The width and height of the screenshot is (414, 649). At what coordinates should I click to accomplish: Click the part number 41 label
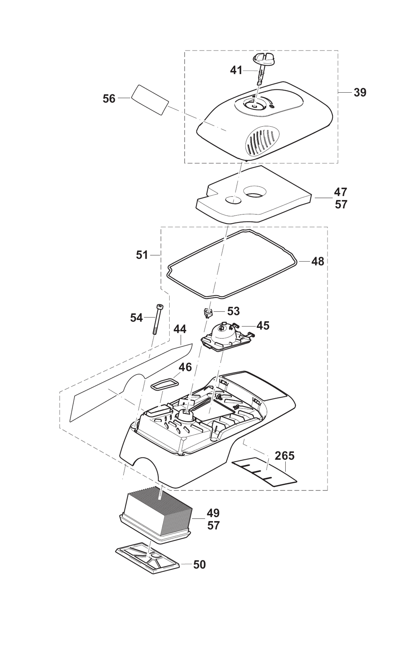point(236,70)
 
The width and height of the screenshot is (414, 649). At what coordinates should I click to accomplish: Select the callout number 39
point(360,92)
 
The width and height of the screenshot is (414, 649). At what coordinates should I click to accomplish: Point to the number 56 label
point(109,99)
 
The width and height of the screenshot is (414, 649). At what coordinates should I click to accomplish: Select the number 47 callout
point(340,192)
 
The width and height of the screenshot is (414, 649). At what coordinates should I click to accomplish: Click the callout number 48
point(318,261)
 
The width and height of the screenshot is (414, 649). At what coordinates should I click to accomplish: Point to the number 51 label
point(142,255)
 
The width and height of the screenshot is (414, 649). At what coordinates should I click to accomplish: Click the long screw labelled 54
point(158,319)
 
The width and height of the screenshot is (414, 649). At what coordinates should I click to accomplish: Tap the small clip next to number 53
point(208,312)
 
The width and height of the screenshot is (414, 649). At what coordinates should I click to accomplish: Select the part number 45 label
point(263,326)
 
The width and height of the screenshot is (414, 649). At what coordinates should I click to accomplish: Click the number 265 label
point(284,456)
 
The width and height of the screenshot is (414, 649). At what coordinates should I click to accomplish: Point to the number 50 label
point(199,565)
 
